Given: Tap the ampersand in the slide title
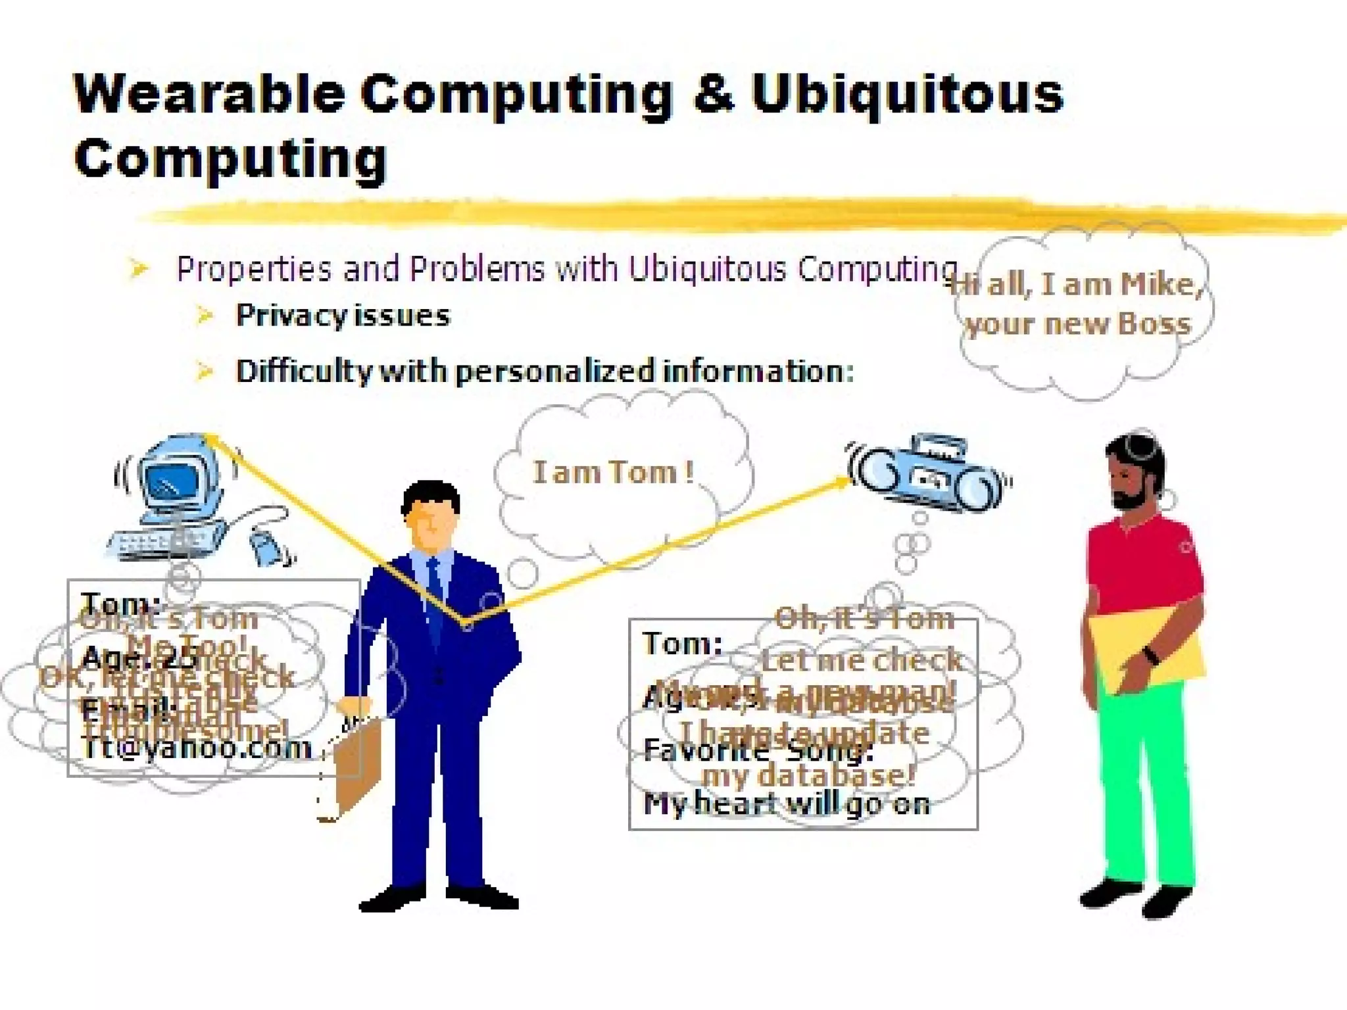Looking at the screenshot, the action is click(x=713, y=94).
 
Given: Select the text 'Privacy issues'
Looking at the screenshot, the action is click(x=343, y=316).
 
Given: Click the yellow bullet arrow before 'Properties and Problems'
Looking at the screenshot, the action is click(x=139, y=268).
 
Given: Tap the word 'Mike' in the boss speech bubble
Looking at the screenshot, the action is click(x=1161, y=284).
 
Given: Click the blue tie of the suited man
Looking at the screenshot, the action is click(x=435, y=592).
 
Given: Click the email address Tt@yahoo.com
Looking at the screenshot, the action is click(x=196, y=748).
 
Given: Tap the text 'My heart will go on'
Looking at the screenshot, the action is click(x=787, y=804).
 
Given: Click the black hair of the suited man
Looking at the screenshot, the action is click(x=431, y=496).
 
